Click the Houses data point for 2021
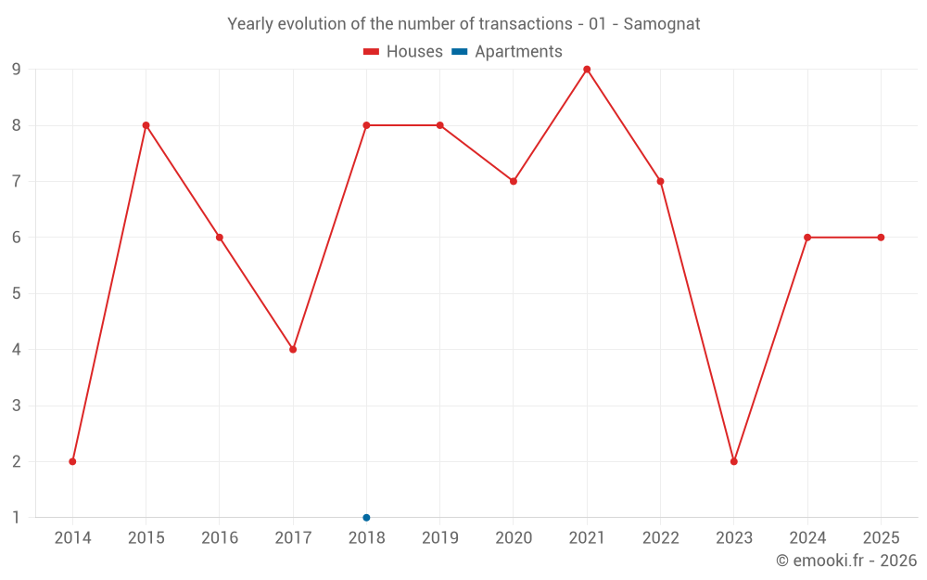pyautogui.click(x=587, y=70)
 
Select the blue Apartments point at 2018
pyautogui.click(x=366, y=517)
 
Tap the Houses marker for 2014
pyautogui.click(x=72, y=461)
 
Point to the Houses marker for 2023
pyautogui.click(x=734, y=461)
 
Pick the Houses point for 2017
pyautogui.click(x=293, y=350)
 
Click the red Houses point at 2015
pyautogui.click(x=146, y=125)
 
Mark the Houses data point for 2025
pyautogui.click(x=881, y=238)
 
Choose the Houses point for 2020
pyautogui.click(x=514, y=181)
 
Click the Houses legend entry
pyautogui.click(x=403, y=52)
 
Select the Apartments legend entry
pyautogui.click(x=507, y=52)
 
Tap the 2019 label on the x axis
pyautogui.click(x=439, y=538)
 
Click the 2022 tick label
pyautogui.click(x=660, y=538)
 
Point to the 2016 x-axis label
pyautogui.click(x=220, y=538)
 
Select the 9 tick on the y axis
pyautogui.click(x=17, y=70)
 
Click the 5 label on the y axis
pyautogui.click(x=17, y=293)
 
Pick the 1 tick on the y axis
pyautogui.click(x=17, y=517)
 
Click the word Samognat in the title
pyautogui.click(x=662, y=23)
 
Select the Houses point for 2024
pyautogui.click(x=807, y=238)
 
